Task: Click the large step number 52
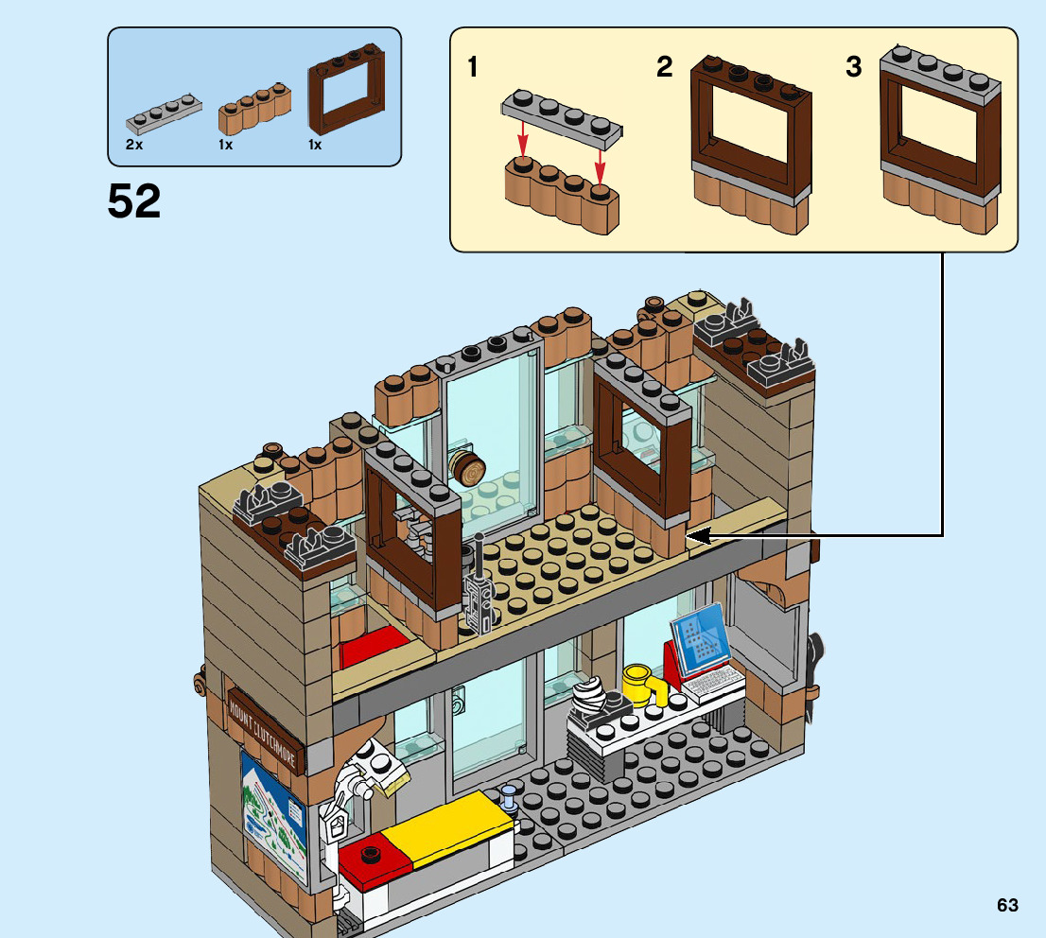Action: pyautogui.click(x=134, y=201)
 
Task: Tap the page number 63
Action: pyautogui.click(x=1007, y=905)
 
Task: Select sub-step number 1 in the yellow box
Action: pyautogui.click(x=473, y=68)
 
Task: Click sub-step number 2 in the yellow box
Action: pyautogui.click(x=665, y=68)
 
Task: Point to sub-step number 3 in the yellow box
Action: pyautogui.click(x=854, y=68)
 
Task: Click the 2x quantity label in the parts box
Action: pyautogui.click(x=134, y=145)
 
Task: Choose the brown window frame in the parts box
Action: pyautogui.click(x=347, y=94)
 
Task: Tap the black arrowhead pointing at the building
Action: pyautogui.click(x=697, y=536)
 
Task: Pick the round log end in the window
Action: pyautogui.click(x=468, y=467)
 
